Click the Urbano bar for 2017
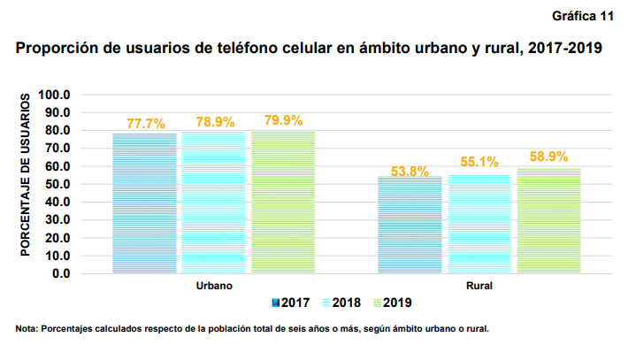(144, 203)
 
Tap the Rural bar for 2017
(410, 225)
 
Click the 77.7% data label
(146, 124)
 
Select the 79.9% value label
(284, 120)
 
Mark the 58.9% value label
(548, 157)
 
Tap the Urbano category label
(213, 287)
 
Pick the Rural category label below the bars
(479, 287)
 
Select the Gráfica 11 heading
(583, 17)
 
